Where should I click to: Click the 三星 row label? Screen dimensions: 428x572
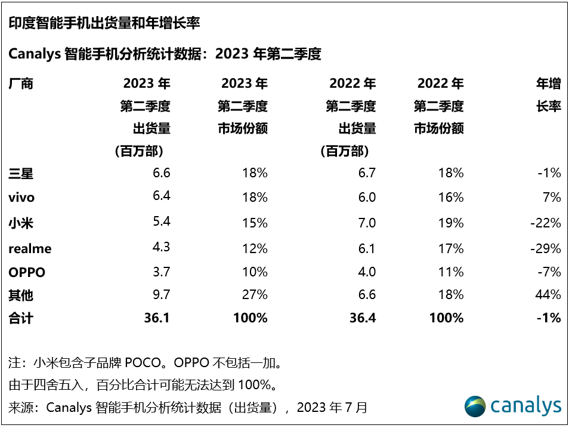21,174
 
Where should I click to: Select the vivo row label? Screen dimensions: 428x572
21,198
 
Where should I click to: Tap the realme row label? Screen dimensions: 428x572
30,248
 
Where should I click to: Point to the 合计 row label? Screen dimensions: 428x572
21,318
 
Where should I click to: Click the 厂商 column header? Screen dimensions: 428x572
21,84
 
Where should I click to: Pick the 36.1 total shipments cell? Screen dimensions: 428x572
158,318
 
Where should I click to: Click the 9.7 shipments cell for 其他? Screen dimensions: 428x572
161,294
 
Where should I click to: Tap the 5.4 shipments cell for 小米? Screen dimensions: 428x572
161,223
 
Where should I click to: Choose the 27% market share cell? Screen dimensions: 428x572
255,294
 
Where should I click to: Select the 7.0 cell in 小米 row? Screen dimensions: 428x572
367,223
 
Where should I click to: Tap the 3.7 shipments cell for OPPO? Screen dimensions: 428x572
161,272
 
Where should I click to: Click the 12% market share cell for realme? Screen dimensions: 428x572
255,248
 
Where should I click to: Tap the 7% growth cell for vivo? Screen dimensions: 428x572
552,198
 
